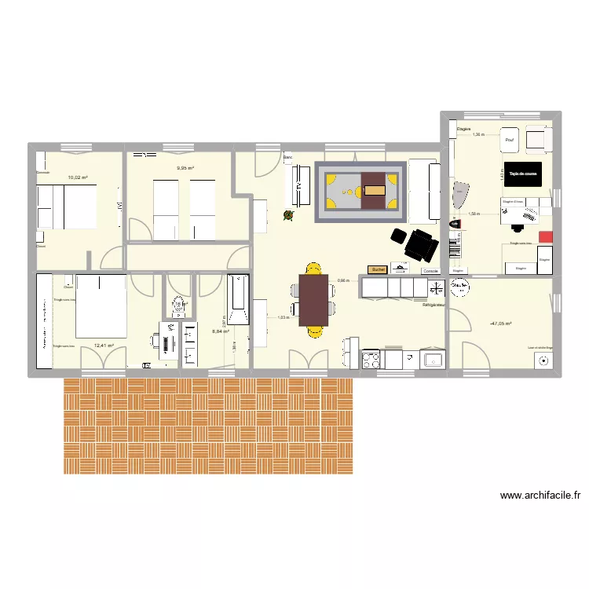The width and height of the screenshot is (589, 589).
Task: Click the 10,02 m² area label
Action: tap(77, 178)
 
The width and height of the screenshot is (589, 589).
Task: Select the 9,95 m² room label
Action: tap(185, 168)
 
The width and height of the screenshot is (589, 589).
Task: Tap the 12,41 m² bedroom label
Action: tap(104, 345)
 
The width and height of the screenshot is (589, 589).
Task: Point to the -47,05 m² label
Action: tap(499, 324)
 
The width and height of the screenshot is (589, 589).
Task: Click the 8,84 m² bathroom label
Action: tap(221, 331)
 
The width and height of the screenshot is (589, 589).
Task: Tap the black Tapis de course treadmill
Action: tap(522, 174)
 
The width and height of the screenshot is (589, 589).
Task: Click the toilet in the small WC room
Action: tap(178, 302)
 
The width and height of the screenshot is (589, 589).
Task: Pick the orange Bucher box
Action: tap(379, 269)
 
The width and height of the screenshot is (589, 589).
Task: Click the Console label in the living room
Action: tap(430, 272)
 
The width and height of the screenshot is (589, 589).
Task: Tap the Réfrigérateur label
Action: tap(434, 305)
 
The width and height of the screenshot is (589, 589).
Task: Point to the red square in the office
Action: tap(545, 236)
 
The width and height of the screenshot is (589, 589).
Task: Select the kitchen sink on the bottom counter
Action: tap(432, 360)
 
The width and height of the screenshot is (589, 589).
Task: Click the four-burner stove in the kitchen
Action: tap(371, 360)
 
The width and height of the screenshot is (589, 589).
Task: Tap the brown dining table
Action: tap(313, 299)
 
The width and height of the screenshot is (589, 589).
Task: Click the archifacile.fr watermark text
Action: tap(540, 496)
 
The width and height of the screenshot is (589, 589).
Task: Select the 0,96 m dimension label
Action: tap(343, 280)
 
